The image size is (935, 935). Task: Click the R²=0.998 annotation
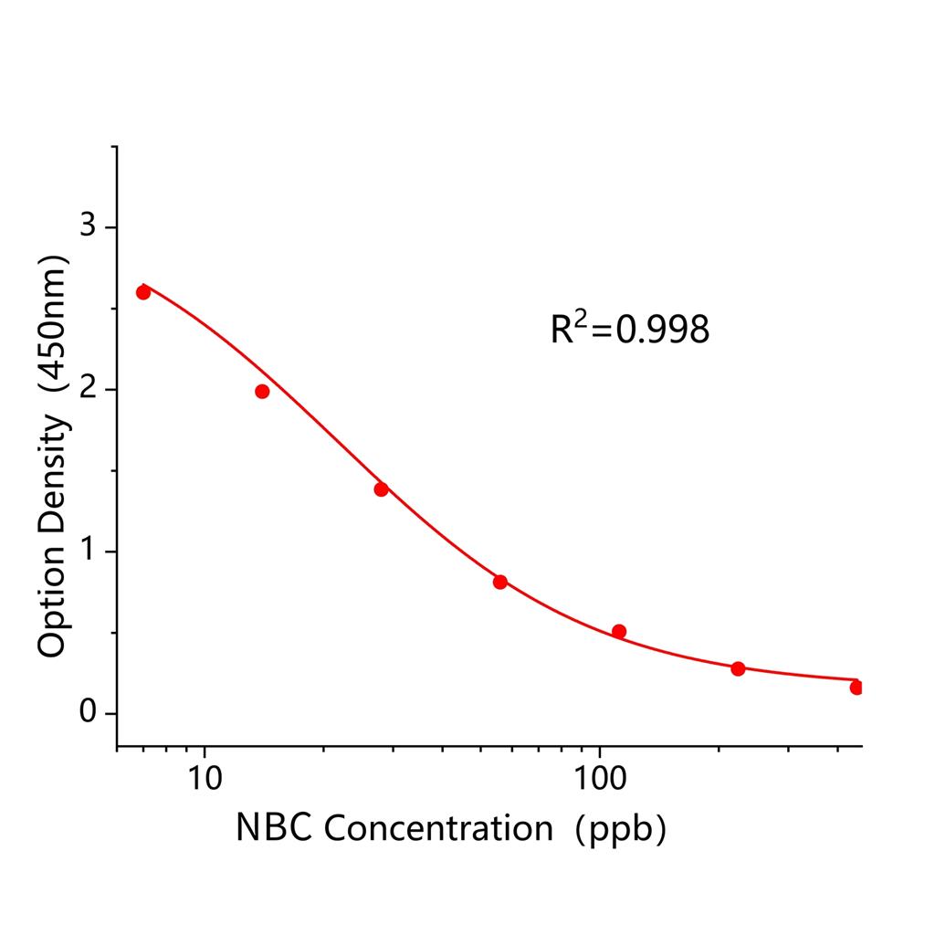(x=629, y=329)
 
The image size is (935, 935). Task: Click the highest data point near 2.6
(x=143, y=292)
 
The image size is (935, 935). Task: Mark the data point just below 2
(x=262, y=392)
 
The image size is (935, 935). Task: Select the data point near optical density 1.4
(x=381, y=489)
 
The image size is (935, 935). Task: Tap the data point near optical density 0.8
(x=500, y=582)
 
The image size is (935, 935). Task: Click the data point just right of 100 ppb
(x=619, y=631)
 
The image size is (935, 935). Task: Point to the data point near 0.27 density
(x=738, y=668)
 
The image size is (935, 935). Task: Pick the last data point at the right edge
(x=856, y=688)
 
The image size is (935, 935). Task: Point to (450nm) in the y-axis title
(x=52, y=330)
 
